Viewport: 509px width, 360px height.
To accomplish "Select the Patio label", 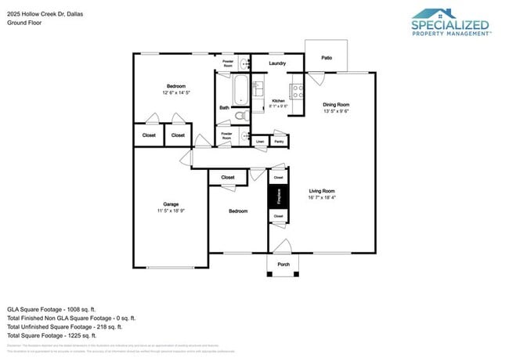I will pos(326,57).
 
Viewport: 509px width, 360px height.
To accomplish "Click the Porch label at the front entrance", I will pos(283,265).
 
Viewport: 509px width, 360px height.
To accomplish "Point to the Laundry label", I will pos(277,63).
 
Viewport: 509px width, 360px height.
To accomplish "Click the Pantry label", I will pos(279,142).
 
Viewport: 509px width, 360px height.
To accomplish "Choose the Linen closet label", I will pos(260,142).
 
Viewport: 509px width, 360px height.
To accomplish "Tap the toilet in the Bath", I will pos(241,116).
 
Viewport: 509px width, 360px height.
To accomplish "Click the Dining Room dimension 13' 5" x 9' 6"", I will pos(336,111).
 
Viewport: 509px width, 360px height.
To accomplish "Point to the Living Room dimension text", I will pos(322,198).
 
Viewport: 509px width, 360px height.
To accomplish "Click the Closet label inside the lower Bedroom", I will pos(228,178).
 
